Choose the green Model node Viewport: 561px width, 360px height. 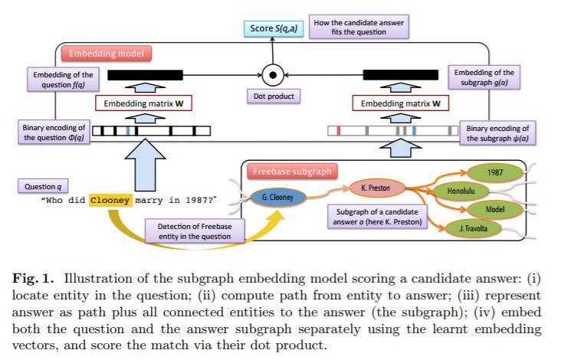(494, 208)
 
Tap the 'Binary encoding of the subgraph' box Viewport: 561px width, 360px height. (497, 132)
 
